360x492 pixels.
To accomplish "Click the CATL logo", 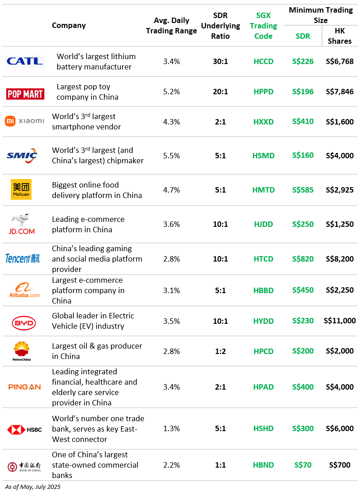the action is point(25,61).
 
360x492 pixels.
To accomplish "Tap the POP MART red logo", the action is point(25,94).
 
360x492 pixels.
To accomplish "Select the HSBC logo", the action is point(24,430).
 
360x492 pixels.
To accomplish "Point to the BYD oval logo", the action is point(24,323).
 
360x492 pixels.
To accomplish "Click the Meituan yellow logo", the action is point(21,189).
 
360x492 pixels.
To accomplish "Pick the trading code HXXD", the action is point(264,122).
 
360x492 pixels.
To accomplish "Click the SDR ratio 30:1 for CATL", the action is point(220,61).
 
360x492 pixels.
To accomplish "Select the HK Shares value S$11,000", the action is point(340,321).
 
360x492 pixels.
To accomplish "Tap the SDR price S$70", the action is point(303,465).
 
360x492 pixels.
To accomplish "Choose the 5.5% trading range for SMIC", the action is point(172,156).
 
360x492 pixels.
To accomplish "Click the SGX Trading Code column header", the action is point(264,26).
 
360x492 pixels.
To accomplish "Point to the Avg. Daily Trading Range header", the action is point(172,26).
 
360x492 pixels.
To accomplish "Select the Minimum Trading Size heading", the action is point(321,15).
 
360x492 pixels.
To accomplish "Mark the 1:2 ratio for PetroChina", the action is point(220,351).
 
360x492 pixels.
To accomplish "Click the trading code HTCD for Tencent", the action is point(264,259).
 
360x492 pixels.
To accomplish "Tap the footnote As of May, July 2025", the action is point(32,487).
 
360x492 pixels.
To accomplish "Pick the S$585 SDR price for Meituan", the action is point(303,190).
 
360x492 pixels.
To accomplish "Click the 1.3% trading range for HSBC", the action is point(172,428).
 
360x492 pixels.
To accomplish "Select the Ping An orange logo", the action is point(24,387).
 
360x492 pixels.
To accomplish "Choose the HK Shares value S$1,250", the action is point(340,224).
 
